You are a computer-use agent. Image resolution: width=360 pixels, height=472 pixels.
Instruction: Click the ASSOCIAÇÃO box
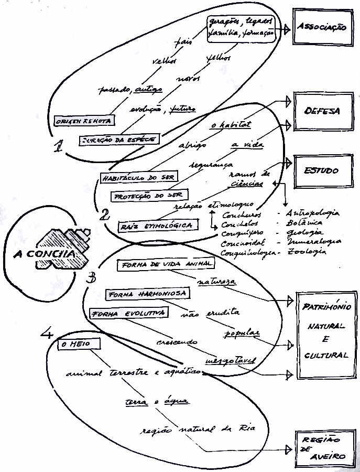321,27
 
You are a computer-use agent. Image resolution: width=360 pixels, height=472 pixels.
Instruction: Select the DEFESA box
321,111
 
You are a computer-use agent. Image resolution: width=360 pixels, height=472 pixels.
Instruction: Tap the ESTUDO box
321,170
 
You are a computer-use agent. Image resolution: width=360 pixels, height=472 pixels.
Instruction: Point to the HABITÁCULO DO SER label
138,177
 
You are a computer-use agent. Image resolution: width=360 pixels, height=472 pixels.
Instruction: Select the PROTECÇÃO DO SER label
147,195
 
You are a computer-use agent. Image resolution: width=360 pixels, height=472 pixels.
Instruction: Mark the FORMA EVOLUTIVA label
128,314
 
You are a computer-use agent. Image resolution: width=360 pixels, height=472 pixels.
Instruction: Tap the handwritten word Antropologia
312,213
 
